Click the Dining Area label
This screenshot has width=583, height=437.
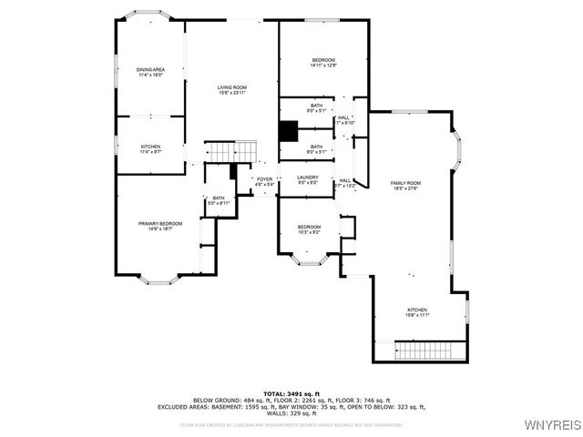[151, 73]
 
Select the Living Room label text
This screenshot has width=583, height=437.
[232, 89]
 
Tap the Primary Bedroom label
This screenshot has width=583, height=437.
[160, 226]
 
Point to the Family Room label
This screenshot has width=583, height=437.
[406, 186]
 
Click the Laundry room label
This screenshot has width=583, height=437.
[308, 180]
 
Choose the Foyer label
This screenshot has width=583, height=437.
[264, 182]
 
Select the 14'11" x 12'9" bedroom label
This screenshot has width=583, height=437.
[323, 63]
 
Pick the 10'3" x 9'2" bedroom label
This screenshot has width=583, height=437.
[310, 229]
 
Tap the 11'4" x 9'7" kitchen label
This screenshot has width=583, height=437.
[151, 149]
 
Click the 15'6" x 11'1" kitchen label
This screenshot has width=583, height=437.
[416, 312]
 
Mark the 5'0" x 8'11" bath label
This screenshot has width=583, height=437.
[219, 201]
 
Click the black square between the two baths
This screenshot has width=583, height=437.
[288, 131]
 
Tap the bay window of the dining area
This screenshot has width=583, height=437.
[150, 16]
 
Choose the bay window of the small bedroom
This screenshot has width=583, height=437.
[309, 263]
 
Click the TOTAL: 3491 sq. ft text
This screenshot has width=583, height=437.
[291, 393]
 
